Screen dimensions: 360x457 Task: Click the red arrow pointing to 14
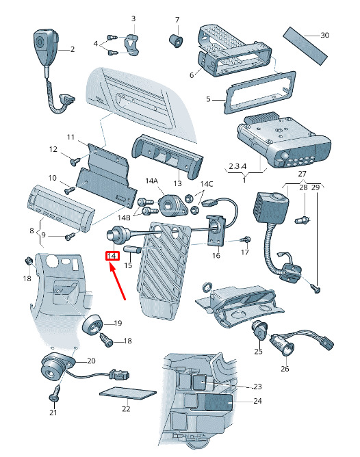(x=118, y=280)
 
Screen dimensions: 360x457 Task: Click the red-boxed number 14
(x=112, y=256)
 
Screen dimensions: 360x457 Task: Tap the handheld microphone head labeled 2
(x=45, y=46)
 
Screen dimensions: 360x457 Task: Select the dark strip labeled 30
(x=305, y=46)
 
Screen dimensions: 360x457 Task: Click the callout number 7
(x=177, y=20)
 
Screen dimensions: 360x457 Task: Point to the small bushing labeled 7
(x=176, y=40)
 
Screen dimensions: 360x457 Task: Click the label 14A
(x=151, y=181)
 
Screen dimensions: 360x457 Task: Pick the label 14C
(x=207, y=184)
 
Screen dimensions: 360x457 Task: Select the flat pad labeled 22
(x=128, y=393)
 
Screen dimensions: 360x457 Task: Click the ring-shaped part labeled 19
(x=93, y=324)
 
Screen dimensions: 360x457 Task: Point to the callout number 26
(x=285, y=369)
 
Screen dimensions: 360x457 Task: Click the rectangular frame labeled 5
(x=259, y=92)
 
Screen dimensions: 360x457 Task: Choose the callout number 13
(x=177, y=183)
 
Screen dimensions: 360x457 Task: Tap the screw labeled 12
(x=75, y=161)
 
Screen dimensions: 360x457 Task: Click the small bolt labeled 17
(x=245, y=240)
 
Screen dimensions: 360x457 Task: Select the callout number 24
(x=257, y=401)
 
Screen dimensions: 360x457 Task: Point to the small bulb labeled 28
(x=303, y=220)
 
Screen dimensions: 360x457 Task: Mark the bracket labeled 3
(x=132, y=44)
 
